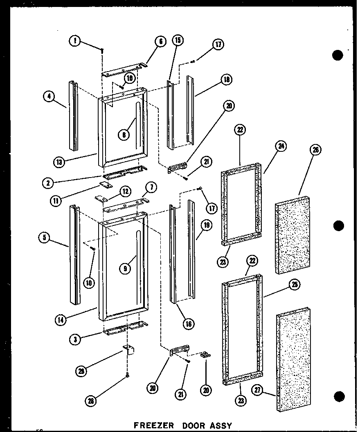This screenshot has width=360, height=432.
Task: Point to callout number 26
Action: (x=316, y=150)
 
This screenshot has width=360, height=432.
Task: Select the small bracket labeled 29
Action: (x=129, y=350)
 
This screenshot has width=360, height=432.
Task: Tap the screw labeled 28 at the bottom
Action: (x=128, y=376)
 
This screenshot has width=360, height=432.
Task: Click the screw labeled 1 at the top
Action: (x=102, y=50)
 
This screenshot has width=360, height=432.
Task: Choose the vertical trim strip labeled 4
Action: (x=74, y=115)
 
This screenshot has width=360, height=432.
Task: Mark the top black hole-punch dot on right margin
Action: (x=337, y=55)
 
